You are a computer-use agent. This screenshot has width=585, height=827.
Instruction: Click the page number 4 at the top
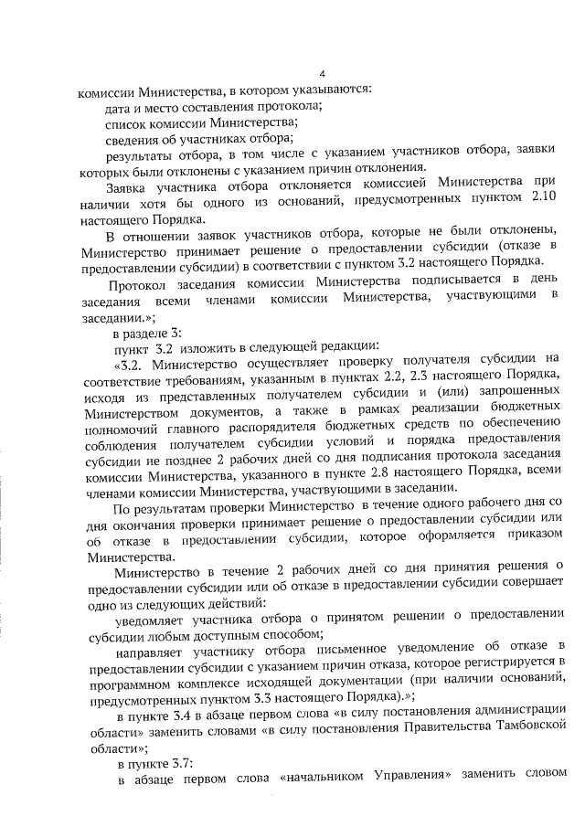click(321, 74)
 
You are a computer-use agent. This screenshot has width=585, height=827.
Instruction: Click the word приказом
click(532, 538)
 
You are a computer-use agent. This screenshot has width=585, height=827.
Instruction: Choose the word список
click(127, 122)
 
